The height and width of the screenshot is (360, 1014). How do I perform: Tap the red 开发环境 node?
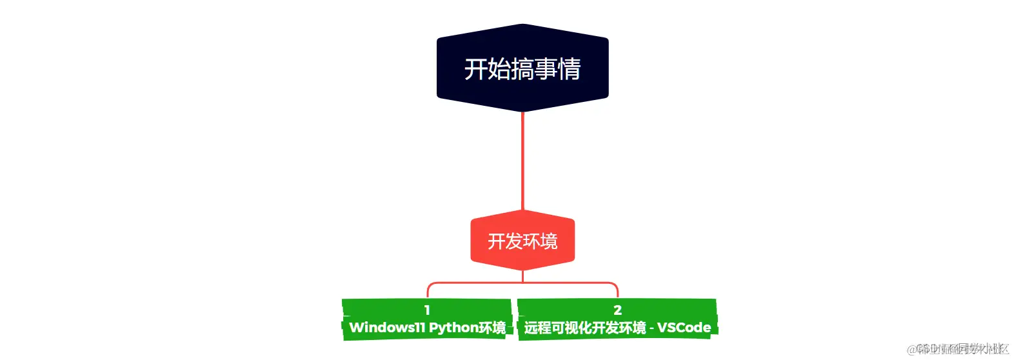pos(522,241)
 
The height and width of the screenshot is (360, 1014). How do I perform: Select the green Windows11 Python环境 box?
pos(427,319)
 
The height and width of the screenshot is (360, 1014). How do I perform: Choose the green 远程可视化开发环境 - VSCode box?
pos(617,319)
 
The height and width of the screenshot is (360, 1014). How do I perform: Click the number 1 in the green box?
pos(427,310)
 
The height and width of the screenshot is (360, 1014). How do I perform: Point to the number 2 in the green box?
pos(617,310)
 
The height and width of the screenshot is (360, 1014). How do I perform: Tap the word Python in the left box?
pos(453,328)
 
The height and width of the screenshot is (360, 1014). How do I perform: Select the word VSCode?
pos(684,328)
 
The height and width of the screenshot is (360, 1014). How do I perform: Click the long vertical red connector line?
pos(522,161)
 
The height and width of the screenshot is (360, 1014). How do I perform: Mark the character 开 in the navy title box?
pos(475,69)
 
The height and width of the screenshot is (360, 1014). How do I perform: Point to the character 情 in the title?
pos(569,69)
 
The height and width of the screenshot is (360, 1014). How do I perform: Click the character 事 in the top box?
pos(546,69)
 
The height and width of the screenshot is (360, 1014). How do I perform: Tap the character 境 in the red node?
pos(549,241)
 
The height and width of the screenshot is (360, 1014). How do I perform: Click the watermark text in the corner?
pos(958,349)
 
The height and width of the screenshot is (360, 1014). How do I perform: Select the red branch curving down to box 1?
pos(430,287)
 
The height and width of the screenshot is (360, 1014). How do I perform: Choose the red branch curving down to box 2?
pos(615,287)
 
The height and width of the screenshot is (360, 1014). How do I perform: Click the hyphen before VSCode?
pos(651,328)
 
